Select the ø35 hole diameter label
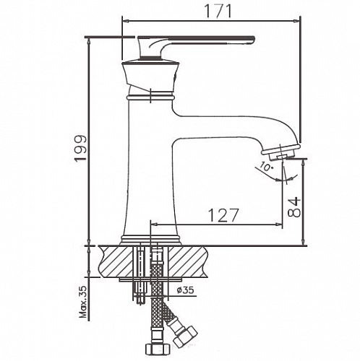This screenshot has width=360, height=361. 187,291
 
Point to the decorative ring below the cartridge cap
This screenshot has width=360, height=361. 151,95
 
